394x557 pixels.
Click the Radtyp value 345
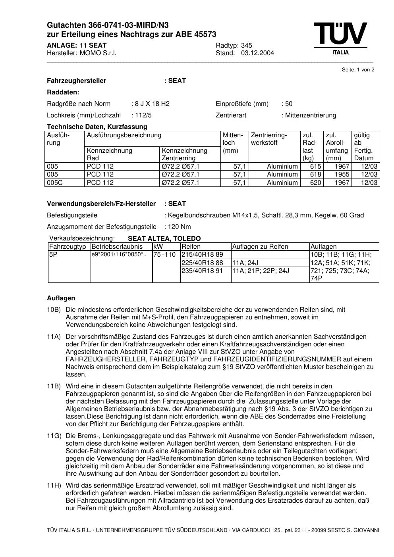(x=247, y=46)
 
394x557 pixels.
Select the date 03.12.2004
(x=257, y=53)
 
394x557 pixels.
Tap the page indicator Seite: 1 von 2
(x=358, y=70)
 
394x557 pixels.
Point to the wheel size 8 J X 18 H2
(x=152, y=104)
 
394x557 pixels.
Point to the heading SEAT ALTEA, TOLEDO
(x=164, y=239)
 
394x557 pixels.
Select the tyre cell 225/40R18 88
(x=202, y=263)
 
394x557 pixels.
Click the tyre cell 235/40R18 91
(x=202, y=271)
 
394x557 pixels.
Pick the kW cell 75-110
(x=164, y=255)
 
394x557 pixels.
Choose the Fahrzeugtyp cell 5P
(x=53, y=255)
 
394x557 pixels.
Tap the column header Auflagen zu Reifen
(x=260, y=247)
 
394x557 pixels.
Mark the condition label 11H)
(x=54, y=486)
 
